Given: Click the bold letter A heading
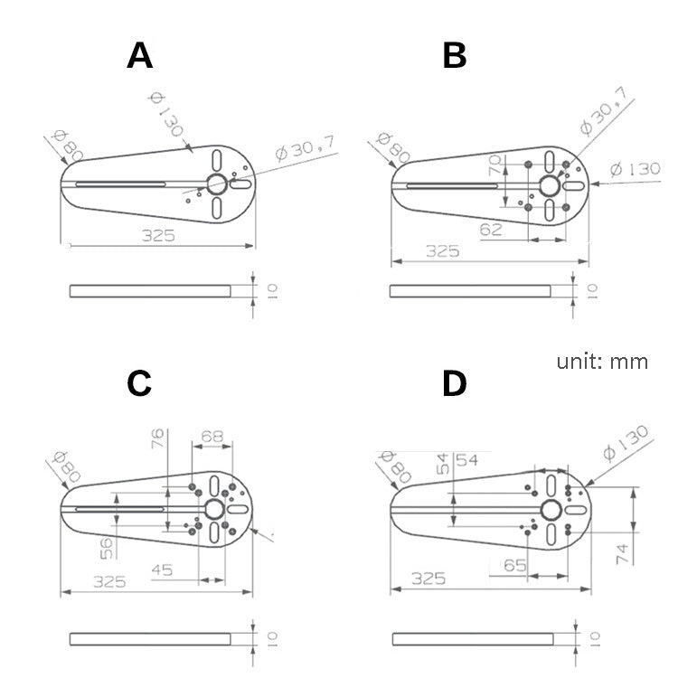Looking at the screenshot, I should pyautogui.click(x=140, y=55).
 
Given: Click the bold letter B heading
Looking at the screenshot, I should pyautogui.click(x=455, y=55).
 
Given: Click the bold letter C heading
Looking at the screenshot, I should pyautogui.click(x=139, y=383).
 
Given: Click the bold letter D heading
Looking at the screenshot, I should pyautogui.click(x=455, y=383).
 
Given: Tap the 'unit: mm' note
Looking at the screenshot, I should pyautogui.click(x=602, y=362).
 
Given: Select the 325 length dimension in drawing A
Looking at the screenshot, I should pyautogui.click(x=157, y=235).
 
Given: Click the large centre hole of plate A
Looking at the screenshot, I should pyautogui.click(x=217, y=184).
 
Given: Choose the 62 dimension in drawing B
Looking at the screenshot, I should pyautogui.click(x=492, y=231).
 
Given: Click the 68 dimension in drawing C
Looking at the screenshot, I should pyautogui.click(x=212, y=436).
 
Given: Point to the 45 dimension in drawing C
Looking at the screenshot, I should pyautogui.click(x=163, y=571).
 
